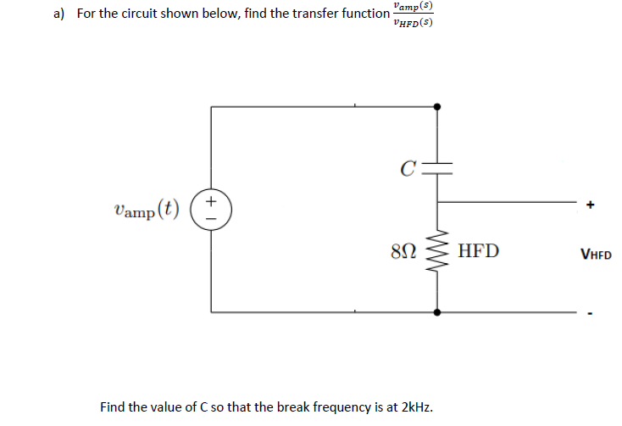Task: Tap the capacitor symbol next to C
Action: pyautogui.click(x=437, y=165)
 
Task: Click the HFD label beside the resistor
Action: pyautogui.click(x=478, y=251)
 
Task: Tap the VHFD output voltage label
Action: pyautogui.click(x=597, y=253)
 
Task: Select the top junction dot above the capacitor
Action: pyautogui.click(x=437, y=106)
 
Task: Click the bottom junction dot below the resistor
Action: pyautogui.click(x=437, y=311)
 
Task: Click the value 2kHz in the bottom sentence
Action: pyautogui.click(x=416, y=406)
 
